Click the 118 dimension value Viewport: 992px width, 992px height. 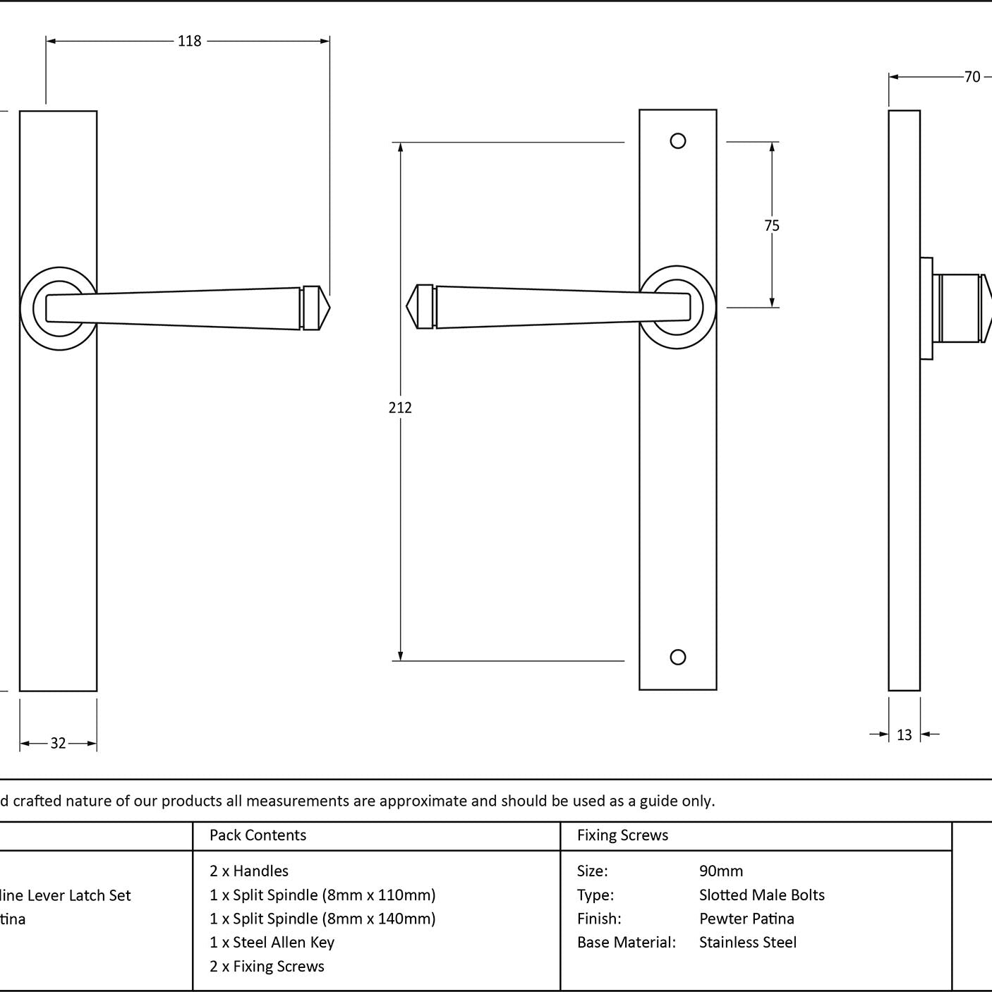tap(189, 41)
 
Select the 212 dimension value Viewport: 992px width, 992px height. tap(400, 407)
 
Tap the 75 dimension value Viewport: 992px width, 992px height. tap(772, 226)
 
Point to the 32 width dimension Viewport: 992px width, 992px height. tap(58, 743)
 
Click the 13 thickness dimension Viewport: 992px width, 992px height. tap(905, 735)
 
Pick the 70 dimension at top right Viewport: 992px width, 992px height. tap(972, 77)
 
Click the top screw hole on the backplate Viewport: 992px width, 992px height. tap(678, 141)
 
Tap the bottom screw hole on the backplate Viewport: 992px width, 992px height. tap(678, 657)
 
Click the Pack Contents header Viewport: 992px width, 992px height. tap(258, 835)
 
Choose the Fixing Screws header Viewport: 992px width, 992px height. tap(622, 835)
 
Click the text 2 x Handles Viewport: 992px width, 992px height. tap(249, 871)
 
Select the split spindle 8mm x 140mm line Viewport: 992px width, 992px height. tap(322, 919)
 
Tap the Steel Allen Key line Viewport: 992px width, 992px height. tap(272, 943)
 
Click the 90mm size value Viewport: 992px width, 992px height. tap(721, 871)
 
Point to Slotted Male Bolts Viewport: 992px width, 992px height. tap(762, 895)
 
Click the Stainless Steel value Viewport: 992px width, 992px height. tap(748, 943)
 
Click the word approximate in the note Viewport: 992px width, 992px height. tap(424, 801)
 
